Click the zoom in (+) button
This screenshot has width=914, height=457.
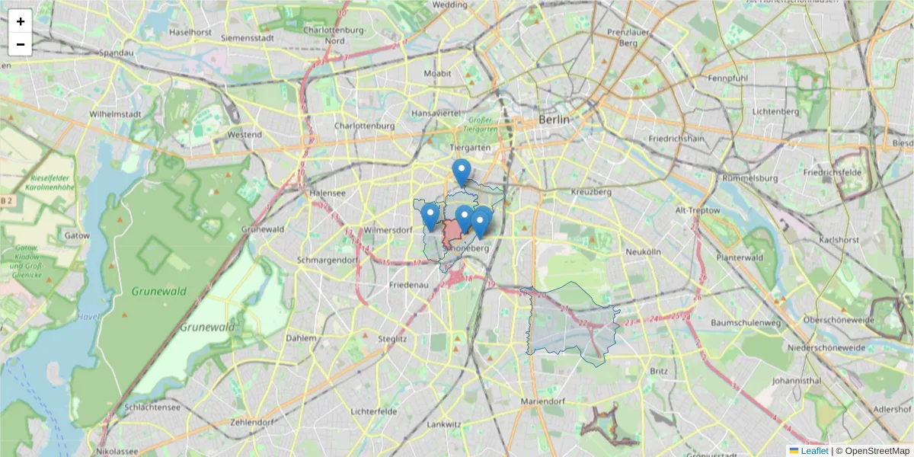pos(21,21)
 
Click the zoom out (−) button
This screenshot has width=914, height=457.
pos(21,44)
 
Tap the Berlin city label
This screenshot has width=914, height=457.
pos(554,120)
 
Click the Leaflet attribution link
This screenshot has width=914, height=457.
pos(814,451)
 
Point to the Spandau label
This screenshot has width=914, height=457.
pos(117,53)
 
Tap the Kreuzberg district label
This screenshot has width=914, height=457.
pos(591,192)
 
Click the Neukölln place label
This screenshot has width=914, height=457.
pos(641,251)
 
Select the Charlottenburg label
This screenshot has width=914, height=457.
pos(364,126)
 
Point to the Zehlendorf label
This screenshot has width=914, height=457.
pos(251,422)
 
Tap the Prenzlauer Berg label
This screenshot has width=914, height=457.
pos(627,37)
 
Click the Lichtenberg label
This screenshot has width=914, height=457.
pos(775,111)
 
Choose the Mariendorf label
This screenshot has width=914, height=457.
pos(542,401)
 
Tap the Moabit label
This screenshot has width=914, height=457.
pos(437,73)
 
